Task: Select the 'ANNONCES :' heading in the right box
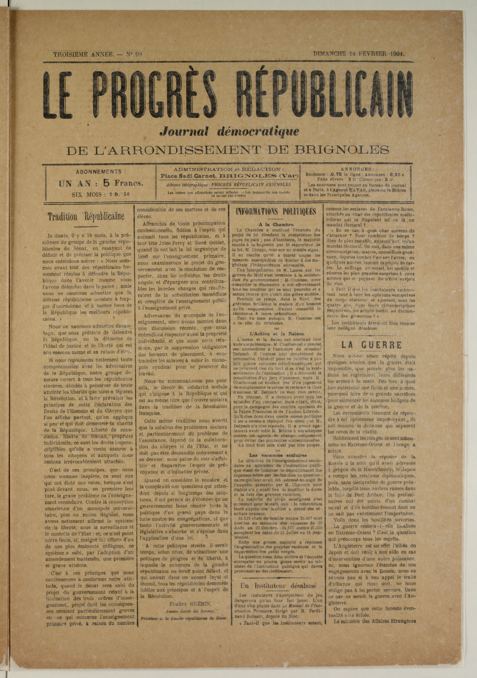[357, 169]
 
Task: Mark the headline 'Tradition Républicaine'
[86, 217]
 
